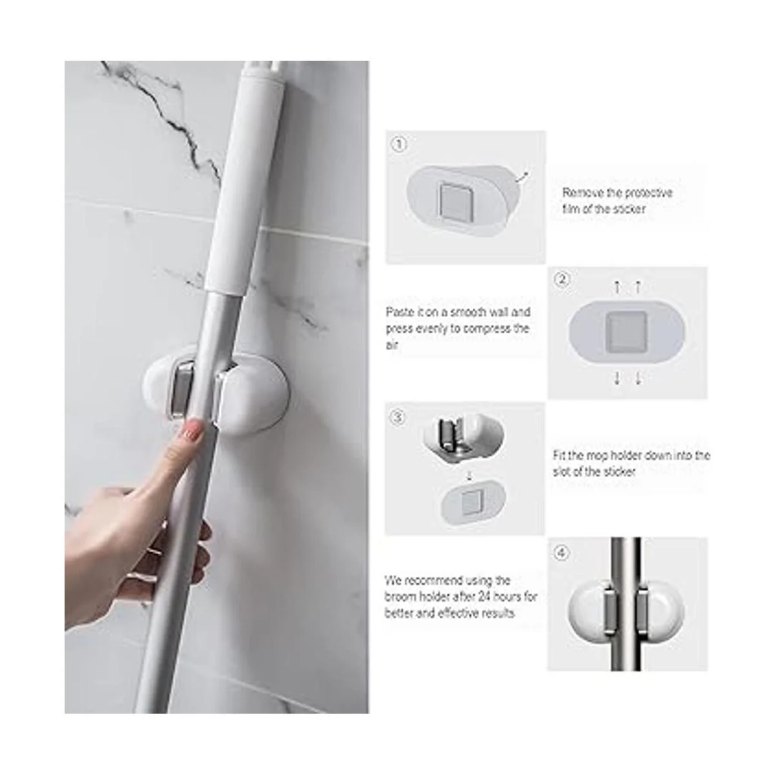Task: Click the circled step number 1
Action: coord(399,145)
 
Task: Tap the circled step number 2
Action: coord(561,279)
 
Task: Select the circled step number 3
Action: coord(398,417)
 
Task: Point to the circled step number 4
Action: coord(561,553)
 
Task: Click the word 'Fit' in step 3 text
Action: coord(559,455)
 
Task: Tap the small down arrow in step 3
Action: coord(468,477)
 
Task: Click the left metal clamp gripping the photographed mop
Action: coord(181,386)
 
